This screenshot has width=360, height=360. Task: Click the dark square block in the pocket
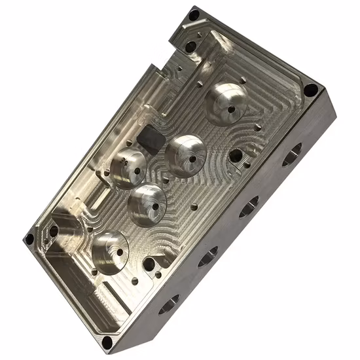tap(151, 138)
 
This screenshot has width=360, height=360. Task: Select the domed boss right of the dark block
tap(187, 155)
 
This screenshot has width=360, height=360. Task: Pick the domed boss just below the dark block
tap(128, 166)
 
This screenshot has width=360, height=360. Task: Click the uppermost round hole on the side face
tap(291, 154)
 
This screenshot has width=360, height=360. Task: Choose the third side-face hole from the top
tap(207, 257)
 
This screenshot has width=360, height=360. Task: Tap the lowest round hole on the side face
tap(168, 303)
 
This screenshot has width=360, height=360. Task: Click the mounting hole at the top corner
tap(194, 14)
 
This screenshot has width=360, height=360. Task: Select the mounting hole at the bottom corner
tap(107, 341)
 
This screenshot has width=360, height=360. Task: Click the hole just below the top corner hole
tap(190, 46)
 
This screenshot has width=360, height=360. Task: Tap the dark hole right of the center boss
tap(235, 155)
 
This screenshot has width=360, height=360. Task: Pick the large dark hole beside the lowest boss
tap(149, 264)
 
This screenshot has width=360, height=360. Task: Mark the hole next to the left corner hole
tap(54, 231)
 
